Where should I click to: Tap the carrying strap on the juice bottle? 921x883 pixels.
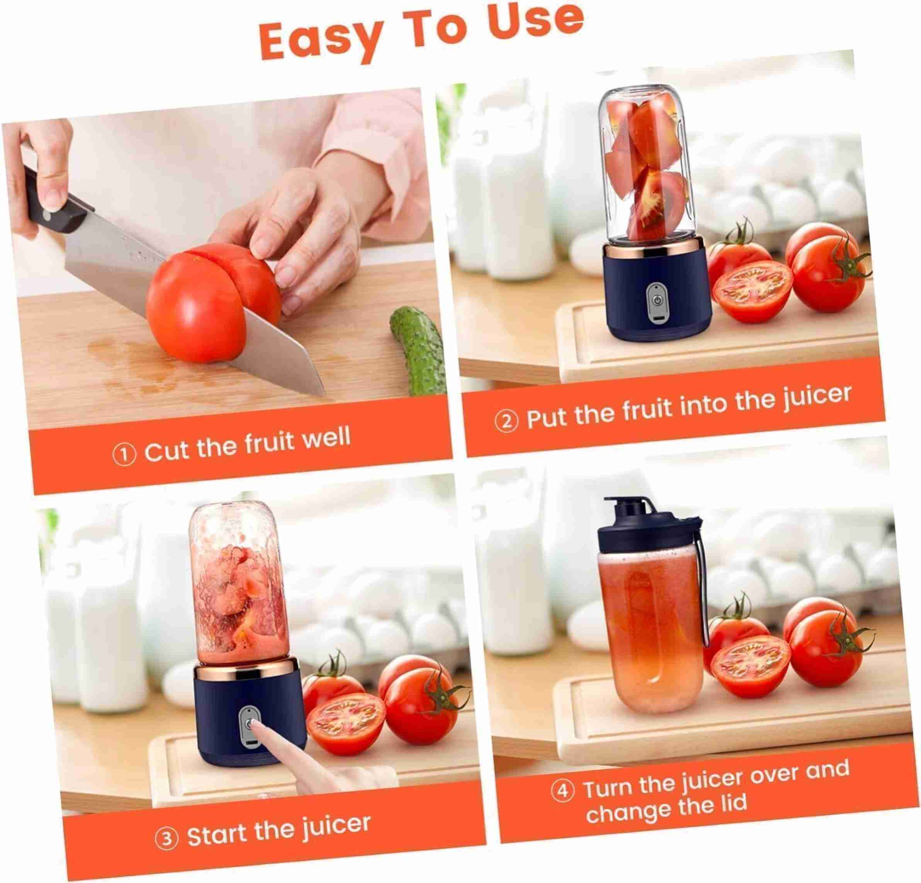click(702, 587)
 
